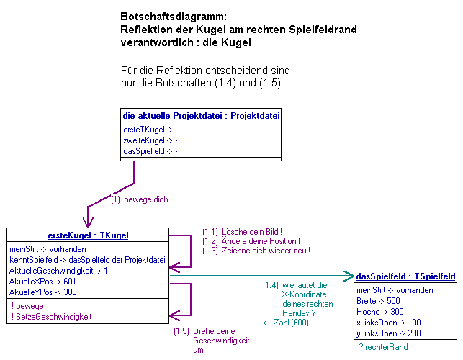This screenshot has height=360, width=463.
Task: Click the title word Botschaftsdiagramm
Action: (173, 16)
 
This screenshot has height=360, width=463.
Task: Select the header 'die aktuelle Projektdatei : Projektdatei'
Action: (201, 115)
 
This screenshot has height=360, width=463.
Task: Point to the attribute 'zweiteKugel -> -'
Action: (150, 140)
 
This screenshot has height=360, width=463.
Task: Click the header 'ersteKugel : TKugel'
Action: (88, 235)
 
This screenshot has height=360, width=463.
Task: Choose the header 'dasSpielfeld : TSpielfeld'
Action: (405, 276)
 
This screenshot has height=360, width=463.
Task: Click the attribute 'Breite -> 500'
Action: (379, 301)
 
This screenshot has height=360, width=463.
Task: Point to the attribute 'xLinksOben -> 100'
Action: (390, 323)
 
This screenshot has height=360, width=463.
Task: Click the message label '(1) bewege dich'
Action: (140, 199)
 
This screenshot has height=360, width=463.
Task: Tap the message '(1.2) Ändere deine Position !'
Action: (251, 240)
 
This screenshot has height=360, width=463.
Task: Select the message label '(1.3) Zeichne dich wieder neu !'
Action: (255, 250)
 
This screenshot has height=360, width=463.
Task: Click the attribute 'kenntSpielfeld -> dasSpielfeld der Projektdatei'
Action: (87, 259)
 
